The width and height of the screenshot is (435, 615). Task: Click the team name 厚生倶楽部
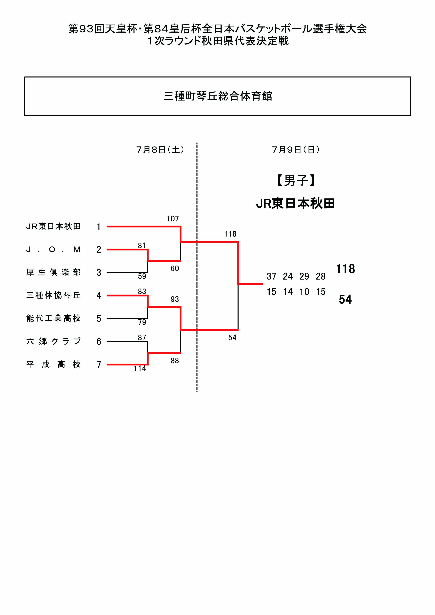click(53, 272)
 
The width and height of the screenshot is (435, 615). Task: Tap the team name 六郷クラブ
click(53, 341)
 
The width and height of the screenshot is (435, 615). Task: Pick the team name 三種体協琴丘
click(53, 295)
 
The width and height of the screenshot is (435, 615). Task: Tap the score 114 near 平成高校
click(140, 368)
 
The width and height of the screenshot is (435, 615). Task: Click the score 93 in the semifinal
click(175, 299)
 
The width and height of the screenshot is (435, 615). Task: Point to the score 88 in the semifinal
click(175, 361)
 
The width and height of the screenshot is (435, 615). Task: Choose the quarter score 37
click(271, 276)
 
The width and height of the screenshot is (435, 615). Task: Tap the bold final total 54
click(345, 299)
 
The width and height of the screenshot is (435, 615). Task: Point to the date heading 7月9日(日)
click(295, 150)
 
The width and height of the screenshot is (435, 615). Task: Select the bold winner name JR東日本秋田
click(295, 204)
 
